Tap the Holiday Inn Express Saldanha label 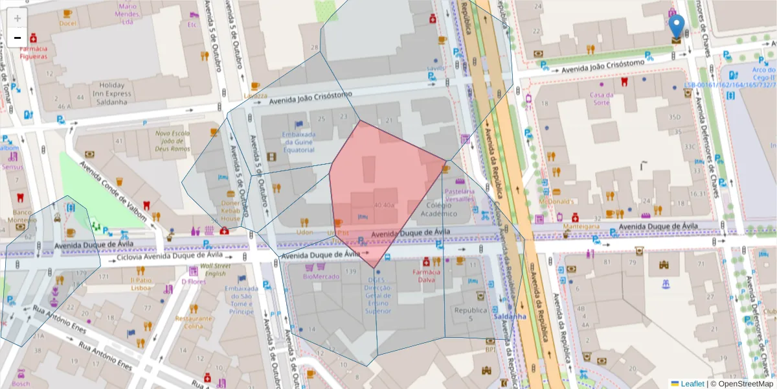tap(112, 89)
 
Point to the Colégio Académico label tap(439, 209)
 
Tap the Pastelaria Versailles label tap(459, 195)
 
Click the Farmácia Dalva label tap(427, 276)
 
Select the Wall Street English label tap(215, 270)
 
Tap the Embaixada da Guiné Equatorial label tap(298, 142)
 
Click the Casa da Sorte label tap(601, 99)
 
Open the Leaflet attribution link tap(692, 384)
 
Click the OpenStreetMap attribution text tap(742, 384)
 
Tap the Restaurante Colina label tap(194, 322)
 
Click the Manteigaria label tap(581, 227)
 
